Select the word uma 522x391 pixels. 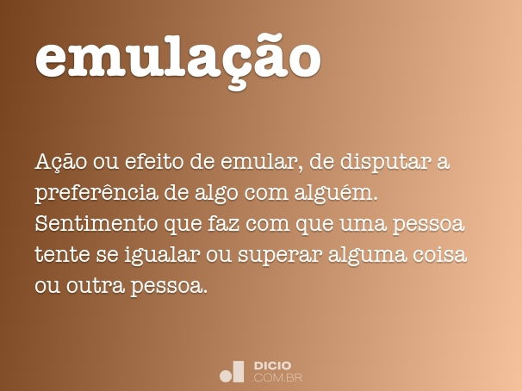(366, 225)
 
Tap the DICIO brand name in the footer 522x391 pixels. (272, 366)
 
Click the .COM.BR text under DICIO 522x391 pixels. (277, 378)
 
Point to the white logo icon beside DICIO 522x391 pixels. (232, 371)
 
